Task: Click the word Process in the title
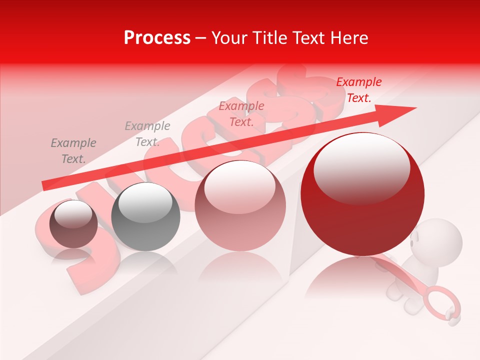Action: click(157, 38)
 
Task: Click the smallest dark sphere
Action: click(73, 223)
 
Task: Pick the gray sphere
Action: click(145, 216)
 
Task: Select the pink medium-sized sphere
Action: click(240, 205)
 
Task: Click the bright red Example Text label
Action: click(358, 90)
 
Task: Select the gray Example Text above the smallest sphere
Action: click(73, 151)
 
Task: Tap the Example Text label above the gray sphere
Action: click(147, 134)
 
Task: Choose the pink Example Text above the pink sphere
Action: click(241, 114)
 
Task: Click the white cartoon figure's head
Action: click(440, 238)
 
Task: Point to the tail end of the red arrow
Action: click(45, 186)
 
